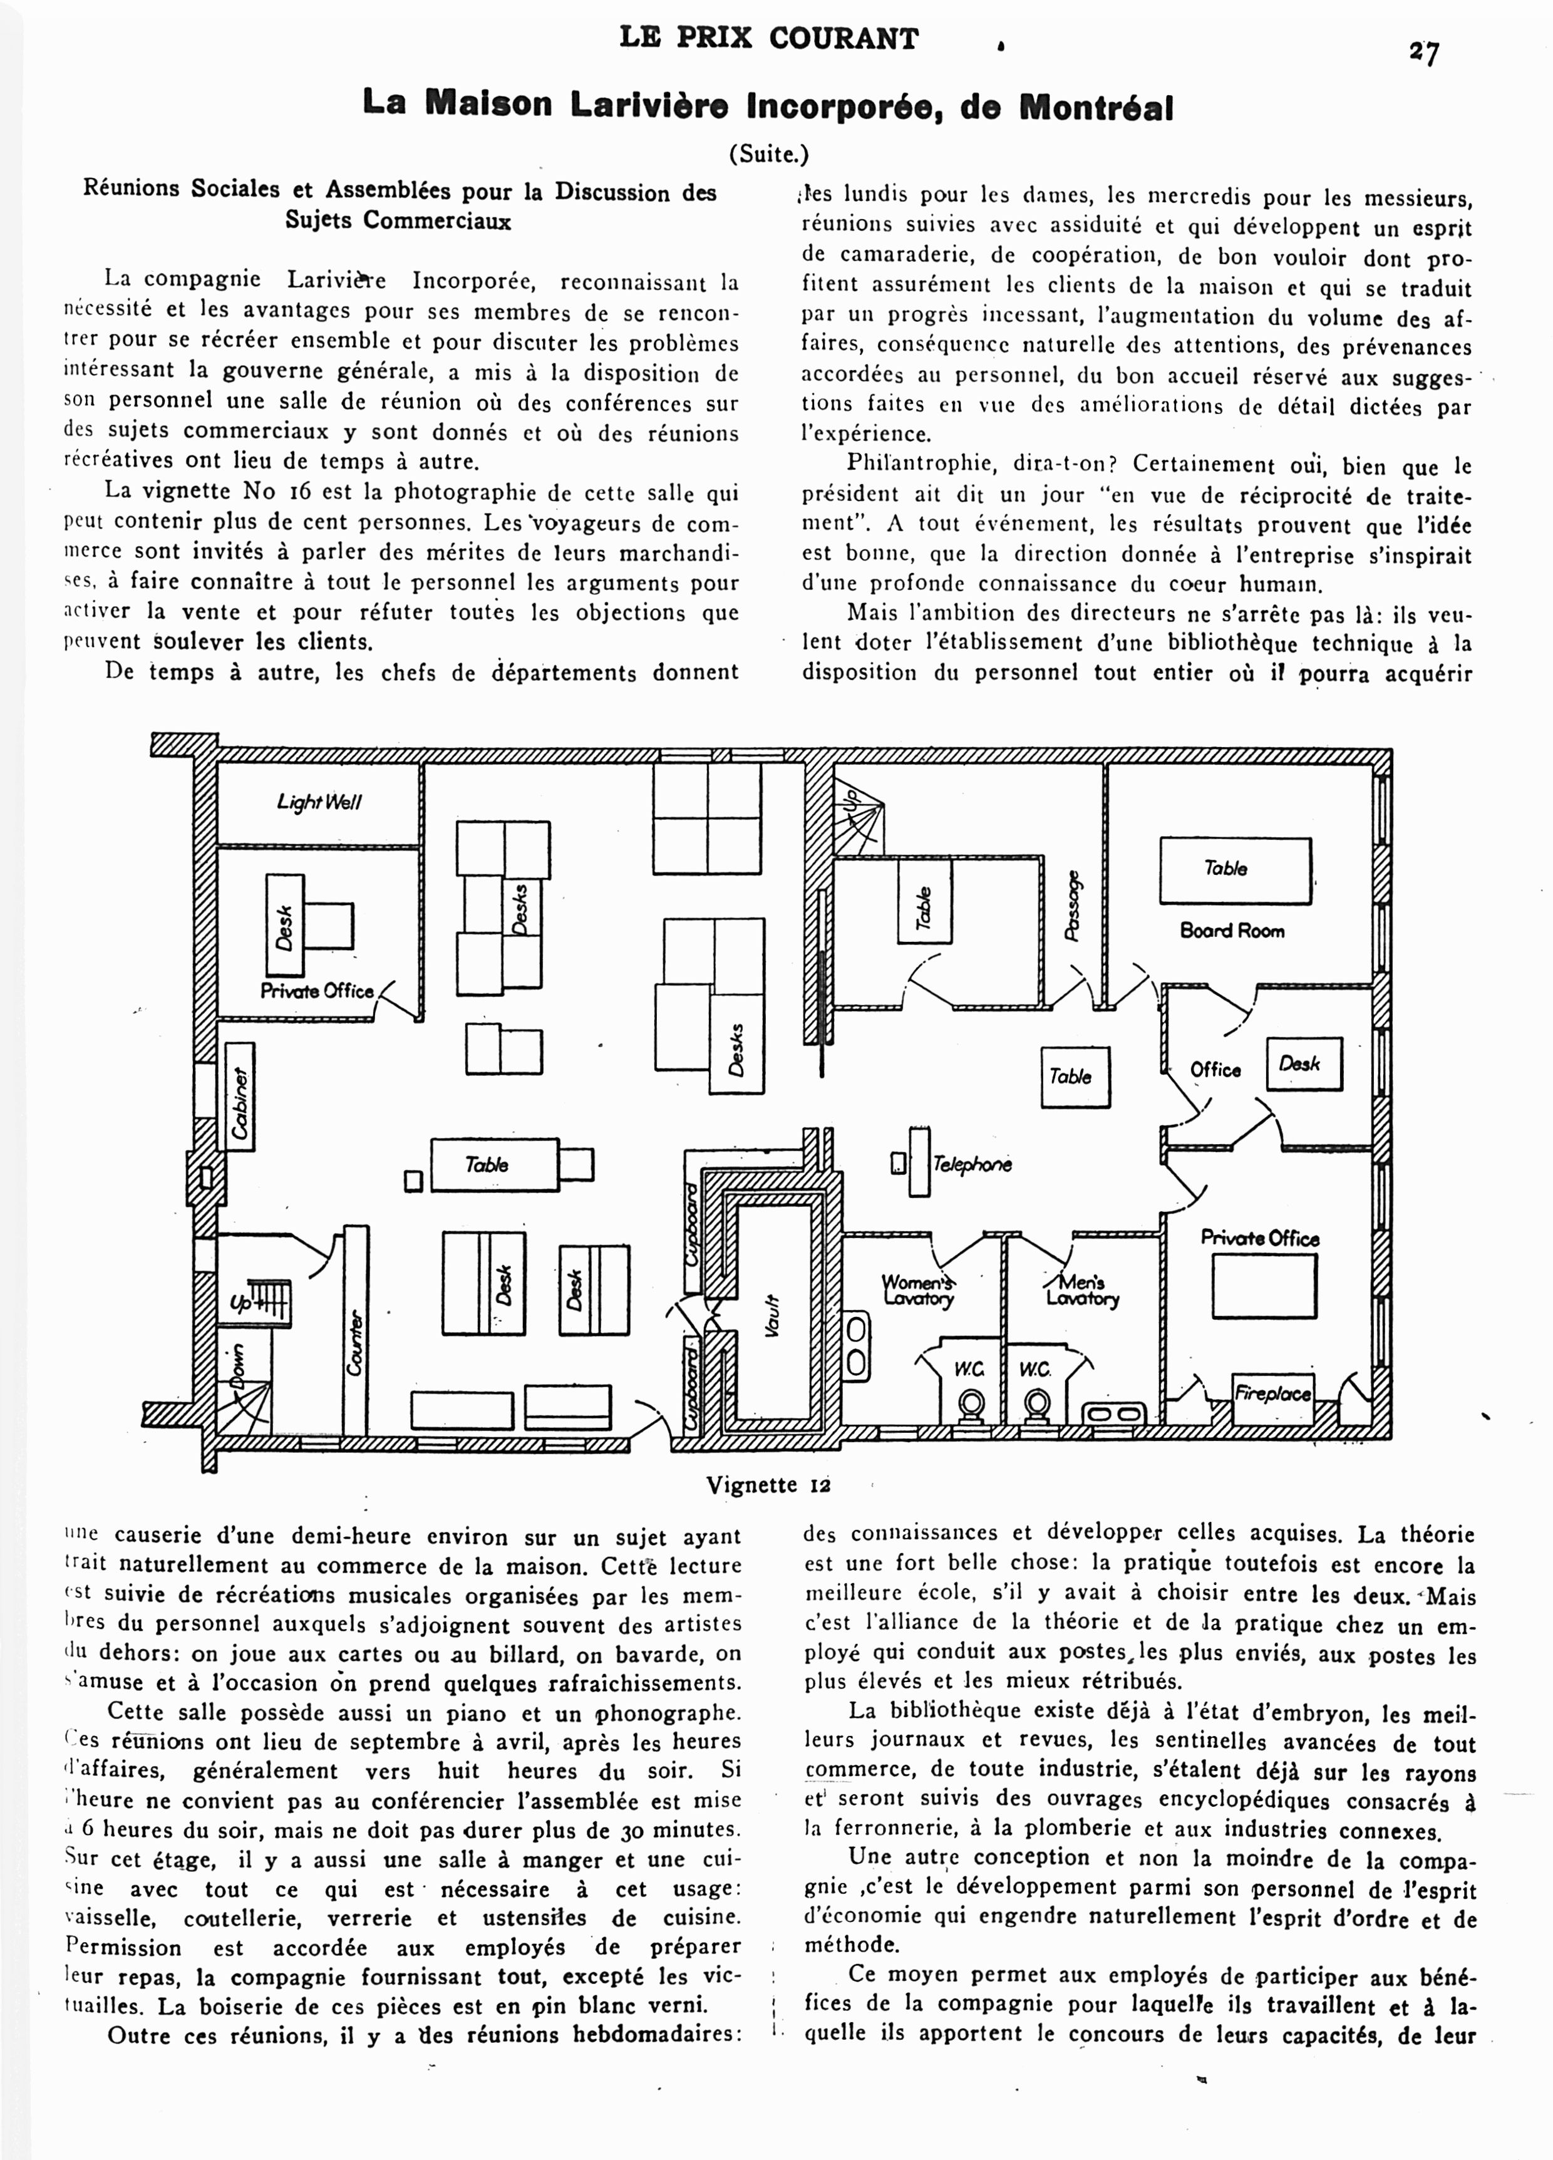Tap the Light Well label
[x=319, y=802]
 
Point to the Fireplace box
[x=1273, y=1393]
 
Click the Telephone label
[x=971, y=1164]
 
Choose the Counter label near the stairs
[x=355, y=1343]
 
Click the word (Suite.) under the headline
[x=768, y=154]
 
